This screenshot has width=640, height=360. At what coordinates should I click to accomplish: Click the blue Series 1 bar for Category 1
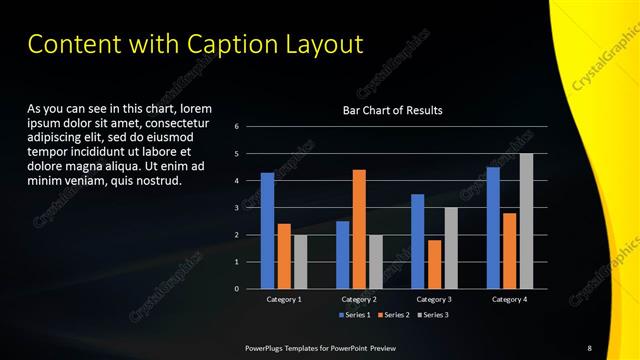click(x=267, y=230)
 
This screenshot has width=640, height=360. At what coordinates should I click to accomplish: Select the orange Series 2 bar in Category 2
click(x=359, y=229)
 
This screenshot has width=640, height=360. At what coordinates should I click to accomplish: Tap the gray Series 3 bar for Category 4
click(x=526, y=221)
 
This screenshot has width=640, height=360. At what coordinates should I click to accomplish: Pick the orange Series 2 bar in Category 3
click(x=434, y=264)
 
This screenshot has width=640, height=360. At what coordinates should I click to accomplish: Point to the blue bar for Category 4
click(x=493, y=227)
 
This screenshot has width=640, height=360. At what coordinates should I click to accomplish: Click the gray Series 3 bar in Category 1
click(x=300, y=261)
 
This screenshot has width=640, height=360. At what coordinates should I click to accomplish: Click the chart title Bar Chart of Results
click(x=393, y=110)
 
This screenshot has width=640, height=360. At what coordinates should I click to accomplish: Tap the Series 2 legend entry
click(x=393, y=315)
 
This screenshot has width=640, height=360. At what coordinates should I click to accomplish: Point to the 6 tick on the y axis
click(x=237, y=127)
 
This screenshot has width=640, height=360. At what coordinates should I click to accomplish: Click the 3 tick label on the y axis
click(x=237, y=208)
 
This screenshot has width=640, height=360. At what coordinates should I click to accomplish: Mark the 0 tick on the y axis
click(x=237, y=289)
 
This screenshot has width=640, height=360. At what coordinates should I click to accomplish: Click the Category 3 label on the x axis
click(x=434, y=299)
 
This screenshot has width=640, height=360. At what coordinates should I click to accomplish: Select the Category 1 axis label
click(x=284, y=299)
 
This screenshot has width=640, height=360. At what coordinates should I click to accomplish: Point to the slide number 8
click(x=590, y=347)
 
